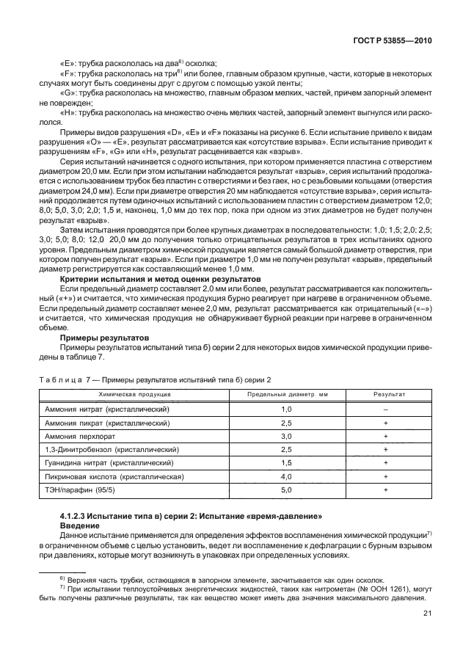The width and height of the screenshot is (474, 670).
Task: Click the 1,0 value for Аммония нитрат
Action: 286,409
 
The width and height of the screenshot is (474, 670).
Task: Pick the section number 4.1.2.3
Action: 74,520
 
